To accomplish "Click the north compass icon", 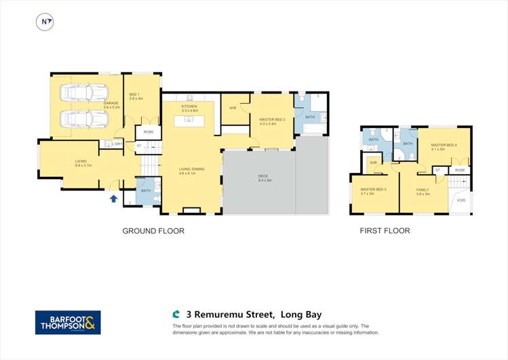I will pyautogui.click(x=45, y=22).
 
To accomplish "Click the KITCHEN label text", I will pyautogui.click(x=189, y=107).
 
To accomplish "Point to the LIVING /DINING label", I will pyautogui.click(x=191, y=169).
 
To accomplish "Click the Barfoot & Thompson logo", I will pyautogui.click(x=68, y=322).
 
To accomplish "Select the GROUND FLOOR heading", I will pyautogui.click(x=153, y=231).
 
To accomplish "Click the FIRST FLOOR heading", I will pyautogui.click(x=385, y=231).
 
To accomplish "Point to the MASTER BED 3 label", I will pyautogui.click(x=373, y=191).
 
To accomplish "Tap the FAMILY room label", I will pyautogui.click(x=423, y=191).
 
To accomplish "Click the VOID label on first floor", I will pyautogui.click(x=461, y=200).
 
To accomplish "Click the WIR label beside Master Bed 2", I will pyautogui.click(x=233, y=108).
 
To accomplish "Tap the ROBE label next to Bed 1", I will pyautogui.click(x=149, y=132).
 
